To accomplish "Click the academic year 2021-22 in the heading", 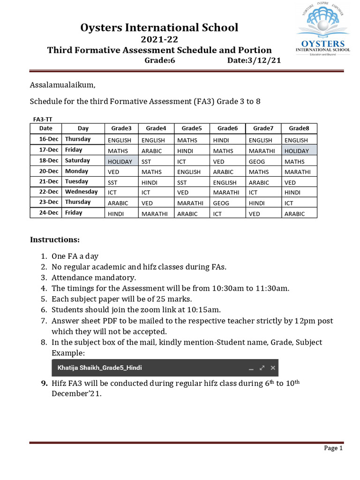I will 159,39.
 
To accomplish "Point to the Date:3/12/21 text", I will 254,61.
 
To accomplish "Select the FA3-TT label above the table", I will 43,120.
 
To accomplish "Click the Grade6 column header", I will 227,128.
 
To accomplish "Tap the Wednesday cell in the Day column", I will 81,192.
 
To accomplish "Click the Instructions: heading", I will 55,240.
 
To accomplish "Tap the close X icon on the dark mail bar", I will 273,368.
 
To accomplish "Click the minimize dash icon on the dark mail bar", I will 251,368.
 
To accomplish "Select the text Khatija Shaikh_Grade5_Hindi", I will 99,368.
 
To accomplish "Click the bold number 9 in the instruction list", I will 44,383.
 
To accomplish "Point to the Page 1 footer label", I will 333,448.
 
